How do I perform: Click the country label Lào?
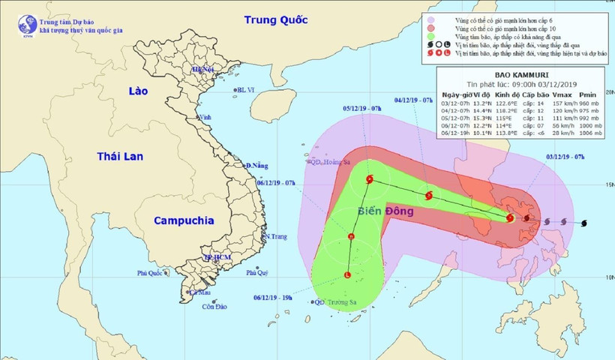(x=139, y=91)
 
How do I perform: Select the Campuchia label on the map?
(x=184, y=220)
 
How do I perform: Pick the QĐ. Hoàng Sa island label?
(x=330, y=160)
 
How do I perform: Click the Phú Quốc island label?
(x=150, y=273)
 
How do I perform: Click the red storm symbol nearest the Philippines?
(x=510, y=218)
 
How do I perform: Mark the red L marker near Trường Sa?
(x=347, y=275)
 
